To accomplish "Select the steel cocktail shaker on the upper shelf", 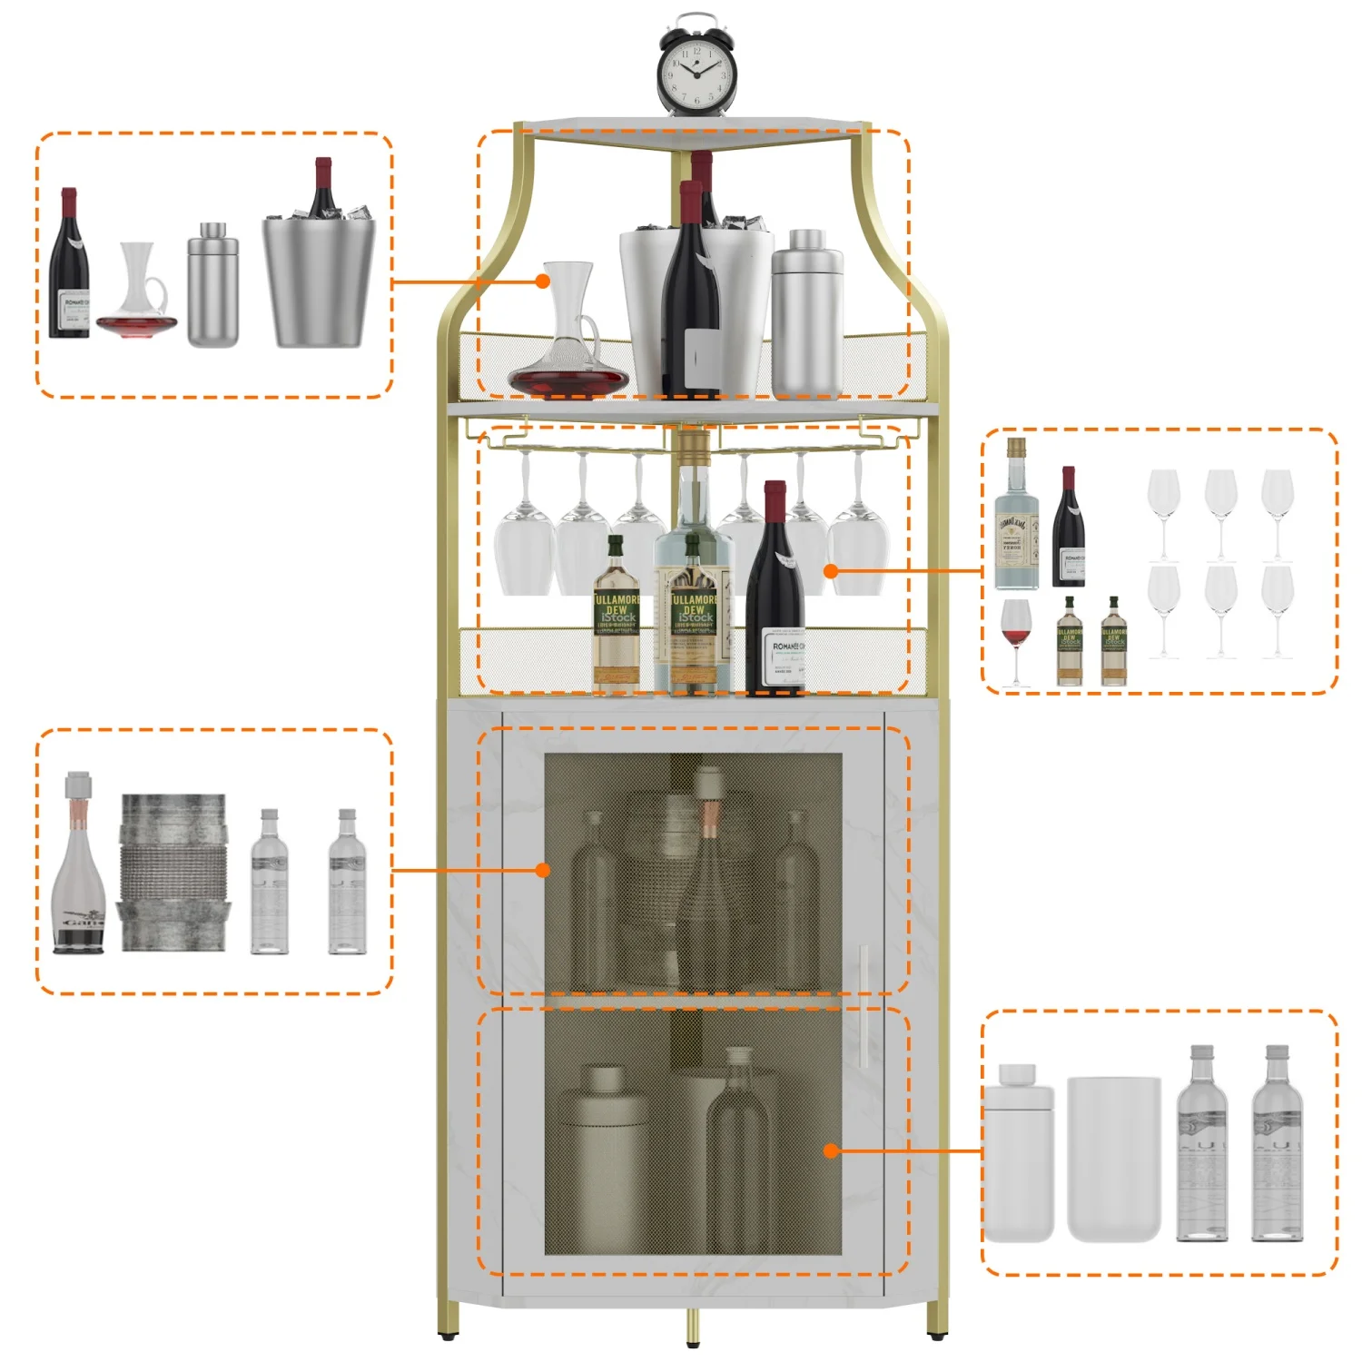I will click(806, 313).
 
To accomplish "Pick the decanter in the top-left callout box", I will click(138, 295).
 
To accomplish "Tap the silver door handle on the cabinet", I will click(863, 1005).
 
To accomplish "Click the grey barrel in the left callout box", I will click(173, 873).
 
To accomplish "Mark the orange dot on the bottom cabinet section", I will click(831, 1150).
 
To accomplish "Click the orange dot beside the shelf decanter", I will click(543, 281).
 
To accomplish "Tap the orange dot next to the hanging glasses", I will click(831, 570).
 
